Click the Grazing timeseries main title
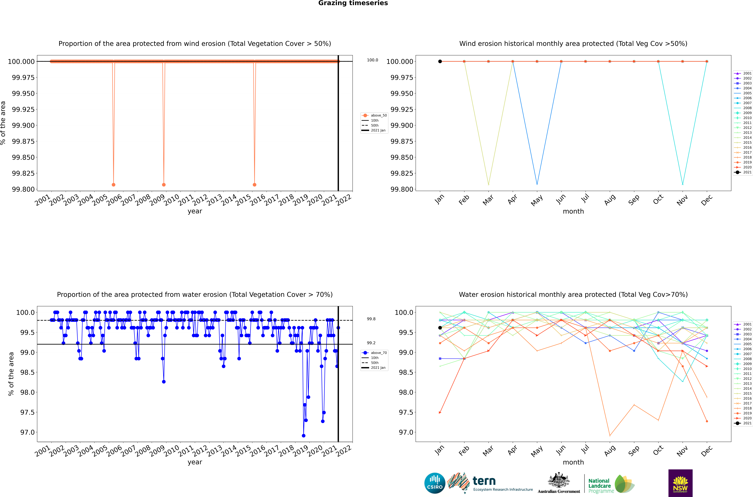(x=353, y=3)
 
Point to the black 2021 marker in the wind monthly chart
(x=440, y=62)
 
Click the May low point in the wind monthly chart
(x=537, y=184)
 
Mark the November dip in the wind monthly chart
(x=683, y=184)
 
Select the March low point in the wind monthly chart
(x=488, y=184)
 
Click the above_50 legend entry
(x=374, y=115)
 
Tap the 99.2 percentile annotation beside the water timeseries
(x=371, y=343)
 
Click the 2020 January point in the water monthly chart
(x=440, y=412)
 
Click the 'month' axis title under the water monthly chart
(x=573, y=462)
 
